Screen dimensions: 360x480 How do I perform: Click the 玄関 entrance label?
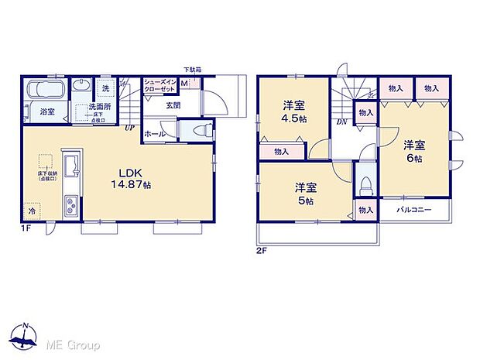(x=173, y=106)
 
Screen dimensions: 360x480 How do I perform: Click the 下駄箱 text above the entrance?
(x=192, y=70)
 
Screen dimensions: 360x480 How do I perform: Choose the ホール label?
(x=153, y=133)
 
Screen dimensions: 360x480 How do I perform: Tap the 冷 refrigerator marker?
(x=33, y=211)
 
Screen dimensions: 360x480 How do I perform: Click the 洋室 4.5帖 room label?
(x=293, y=114)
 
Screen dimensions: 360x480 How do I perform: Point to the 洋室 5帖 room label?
(x=304, y=194)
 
